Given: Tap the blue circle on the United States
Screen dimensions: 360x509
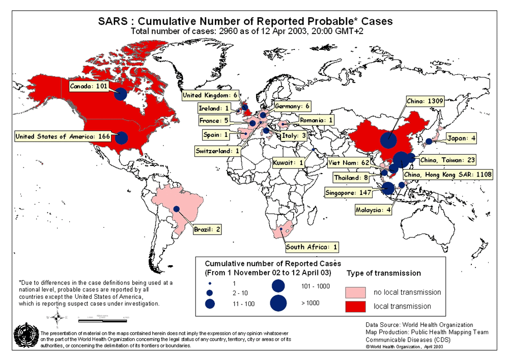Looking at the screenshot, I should [x=121, y=138].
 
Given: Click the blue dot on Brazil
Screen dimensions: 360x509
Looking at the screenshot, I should [x=176, y=209].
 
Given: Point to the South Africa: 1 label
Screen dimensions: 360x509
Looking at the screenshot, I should [x=312, y=247].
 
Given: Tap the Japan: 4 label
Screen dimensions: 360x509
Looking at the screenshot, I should [x=461, y=137].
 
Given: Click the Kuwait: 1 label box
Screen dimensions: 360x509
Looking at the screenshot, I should [x=288, y=163].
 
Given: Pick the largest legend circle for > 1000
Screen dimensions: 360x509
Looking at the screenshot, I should [x=278, y=303].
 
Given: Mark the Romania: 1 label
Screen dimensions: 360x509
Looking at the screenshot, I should [x=316, y=120].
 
